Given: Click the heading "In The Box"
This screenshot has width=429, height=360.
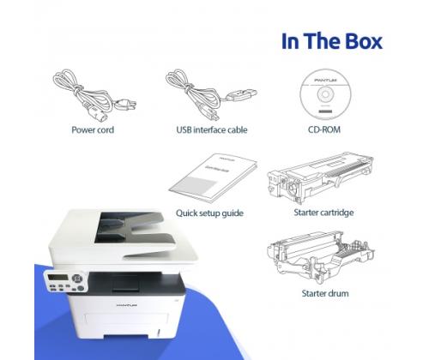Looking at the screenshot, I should (x=332, y=40).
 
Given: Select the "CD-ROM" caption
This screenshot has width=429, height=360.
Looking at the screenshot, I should (x=323, y=131).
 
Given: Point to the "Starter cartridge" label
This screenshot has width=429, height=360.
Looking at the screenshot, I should (x=323, y=212).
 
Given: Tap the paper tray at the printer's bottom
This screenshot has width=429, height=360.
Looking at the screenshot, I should (x=129, y=339).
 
